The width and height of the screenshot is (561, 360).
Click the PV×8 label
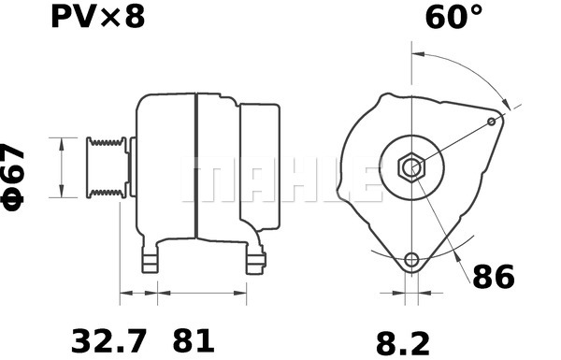pyautogui.click(x=97, y=18)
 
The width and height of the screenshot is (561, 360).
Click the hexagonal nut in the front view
pyautogui.click(x=410, y=168)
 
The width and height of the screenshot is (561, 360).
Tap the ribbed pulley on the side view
pyautogui.click(x=106, y=168)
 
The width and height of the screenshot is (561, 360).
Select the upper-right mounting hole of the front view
pyautogui.click(x=493, y=122)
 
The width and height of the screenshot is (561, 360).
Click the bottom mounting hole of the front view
pyautogui.click(x=411, y=259)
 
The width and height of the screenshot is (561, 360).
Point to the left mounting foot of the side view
pyautogui.click(x=151, y=263)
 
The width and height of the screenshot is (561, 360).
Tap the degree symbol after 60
pyautogui.click(x=476, y=11)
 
